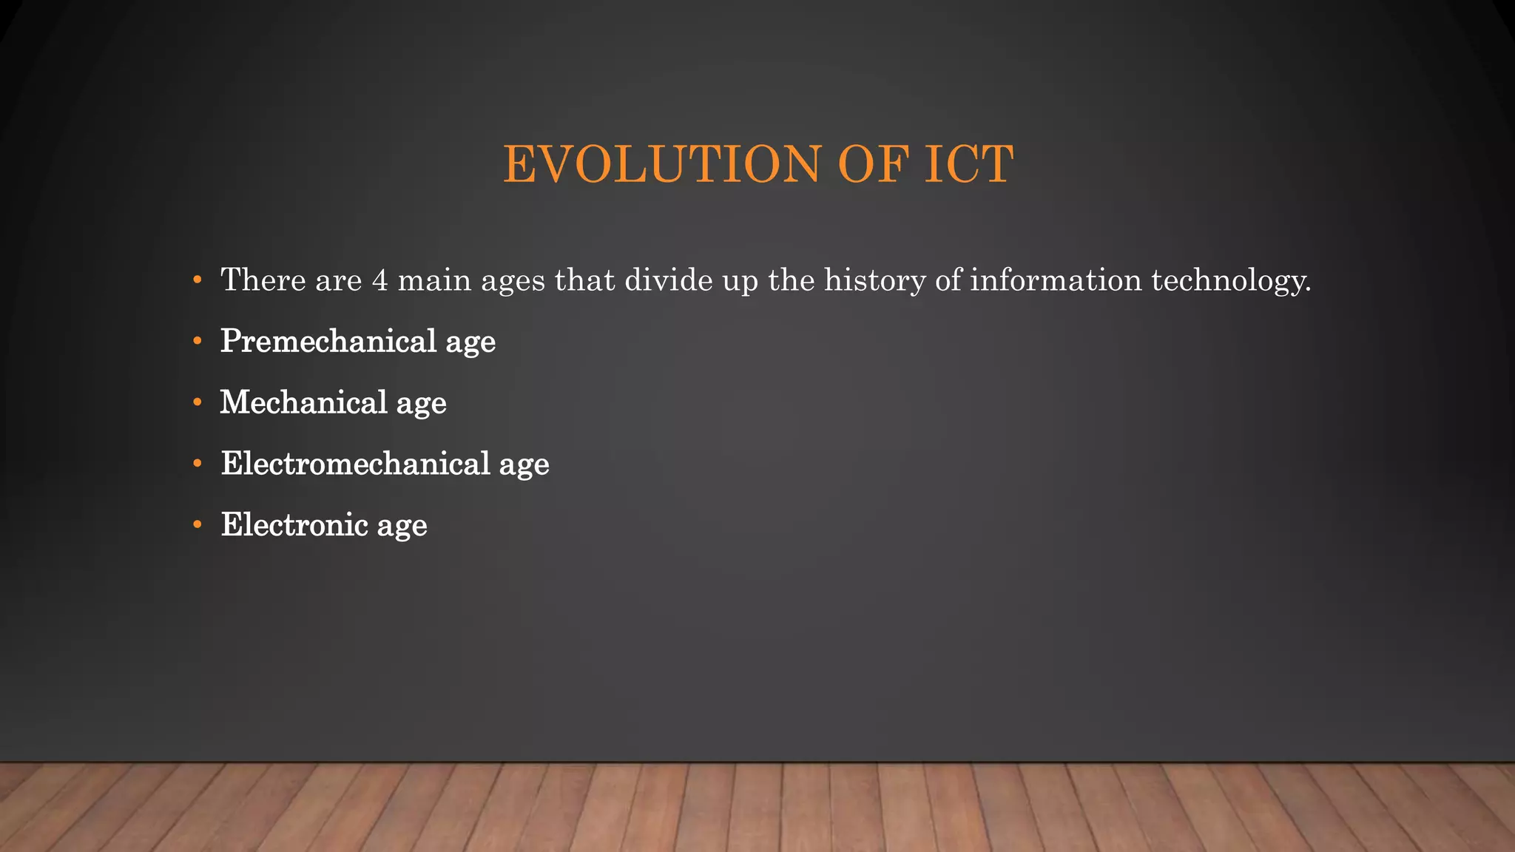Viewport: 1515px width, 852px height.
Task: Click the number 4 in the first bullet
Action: [379, 280]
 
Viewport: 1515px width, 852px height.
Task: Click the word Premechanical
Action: [328, 342]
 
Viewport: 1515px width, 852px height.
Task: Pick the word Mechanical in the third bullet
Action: [303, 403]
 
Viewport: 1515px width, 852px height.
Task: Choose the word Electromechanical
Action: [355, 464]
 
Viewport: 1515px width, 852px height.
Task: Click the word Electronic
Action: [294, 526]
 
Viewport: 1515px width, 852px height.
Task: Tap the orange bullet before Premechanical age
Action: [197, 342]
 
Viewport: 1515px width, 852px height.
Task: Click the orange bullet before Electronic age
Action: [197, 526]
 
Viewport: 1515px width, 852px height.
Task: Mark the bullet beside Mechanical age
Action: [197, 403]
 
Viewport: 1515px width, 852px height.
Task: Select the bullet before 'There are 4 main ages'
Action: [197, 280]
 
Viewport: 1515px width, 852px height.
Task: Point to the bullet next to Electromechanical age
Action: [197, 464]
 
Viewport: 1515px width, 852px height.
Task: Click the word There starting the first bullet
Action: [263, 280]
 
